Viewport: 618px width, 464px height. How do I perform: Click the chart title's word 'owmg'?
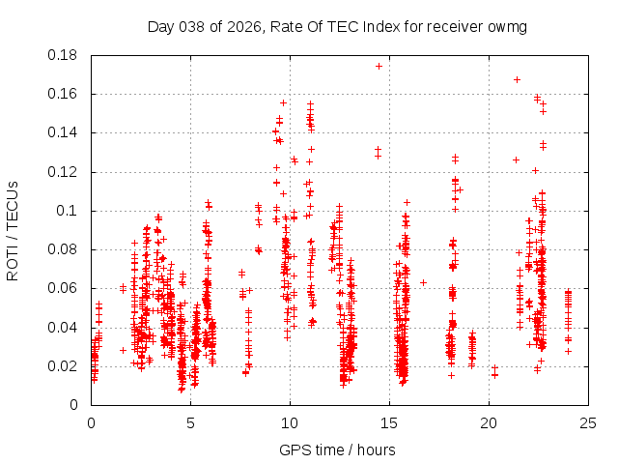(x=507, y=27)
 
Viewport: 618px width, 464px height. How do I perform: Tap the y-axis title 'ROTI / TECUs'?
(x=13, y=230)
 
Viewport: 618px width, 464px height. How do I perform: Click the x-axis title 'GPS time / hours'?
(x=337, y=449)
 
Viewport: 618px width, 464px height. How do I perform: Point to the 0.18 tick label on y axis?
(x=66, y=55)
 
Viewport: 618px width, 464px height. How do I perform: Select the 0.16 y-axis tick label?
(x=66, y=94)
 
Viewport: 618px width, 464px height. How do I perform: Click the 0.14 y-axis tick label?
(x=66, y=132)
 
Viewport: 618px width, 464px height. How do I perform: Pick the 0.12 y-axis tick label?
(x=66, y=172)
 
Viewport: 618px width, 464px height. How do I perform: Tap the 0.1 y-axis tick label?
(x=70, y=211)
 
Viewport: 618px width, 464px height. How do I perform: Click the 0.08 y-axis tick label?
(x=66, y=249)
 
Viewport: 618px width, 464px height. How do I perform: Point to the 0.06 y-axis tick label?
(x=66, y=288)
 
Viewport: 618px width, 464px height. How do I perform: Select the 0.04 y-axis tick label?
(x=66, y=327)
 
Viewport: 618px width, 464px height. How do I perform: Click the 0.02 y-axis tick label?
(x=66, y=366)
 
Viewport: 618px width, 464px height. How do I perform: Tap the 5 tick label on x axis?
(x=191, y=422)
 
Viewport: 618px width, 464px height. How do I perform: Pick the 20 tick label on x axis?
(x=490, y=422)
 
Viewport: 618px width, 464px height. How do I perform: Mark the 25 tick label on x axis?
(x=589, y=422)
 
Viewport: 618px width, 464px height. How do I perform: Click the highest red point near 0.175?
(x=379, y=66)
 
